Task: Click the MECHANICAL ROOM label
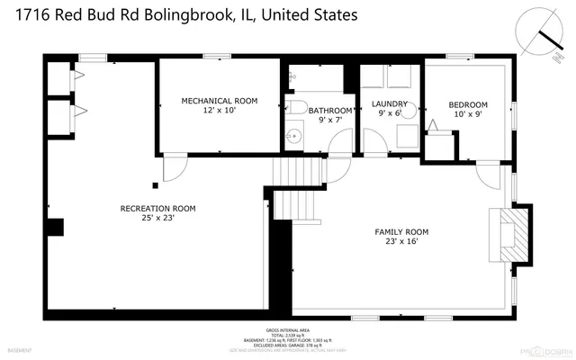[x=220, y=100]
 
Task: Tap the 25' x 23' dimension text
[x=157, y=218]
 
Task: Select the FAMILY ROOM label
[x=401, y=232]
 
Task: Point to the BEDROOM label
[x=468, y=104]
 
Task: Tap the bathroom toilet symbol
[x=296, y=108]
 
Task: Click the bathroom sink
[x=292, y=138]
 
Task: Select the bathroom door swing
[x=339, y=142]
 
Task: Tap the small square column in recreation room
[x=155, y=185]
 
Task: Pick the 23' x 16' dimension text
[x=401, y=242]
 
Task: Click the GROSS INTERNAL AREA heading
[x=288, y=328]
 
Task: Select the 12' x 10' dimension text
[x=220, y=110]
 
